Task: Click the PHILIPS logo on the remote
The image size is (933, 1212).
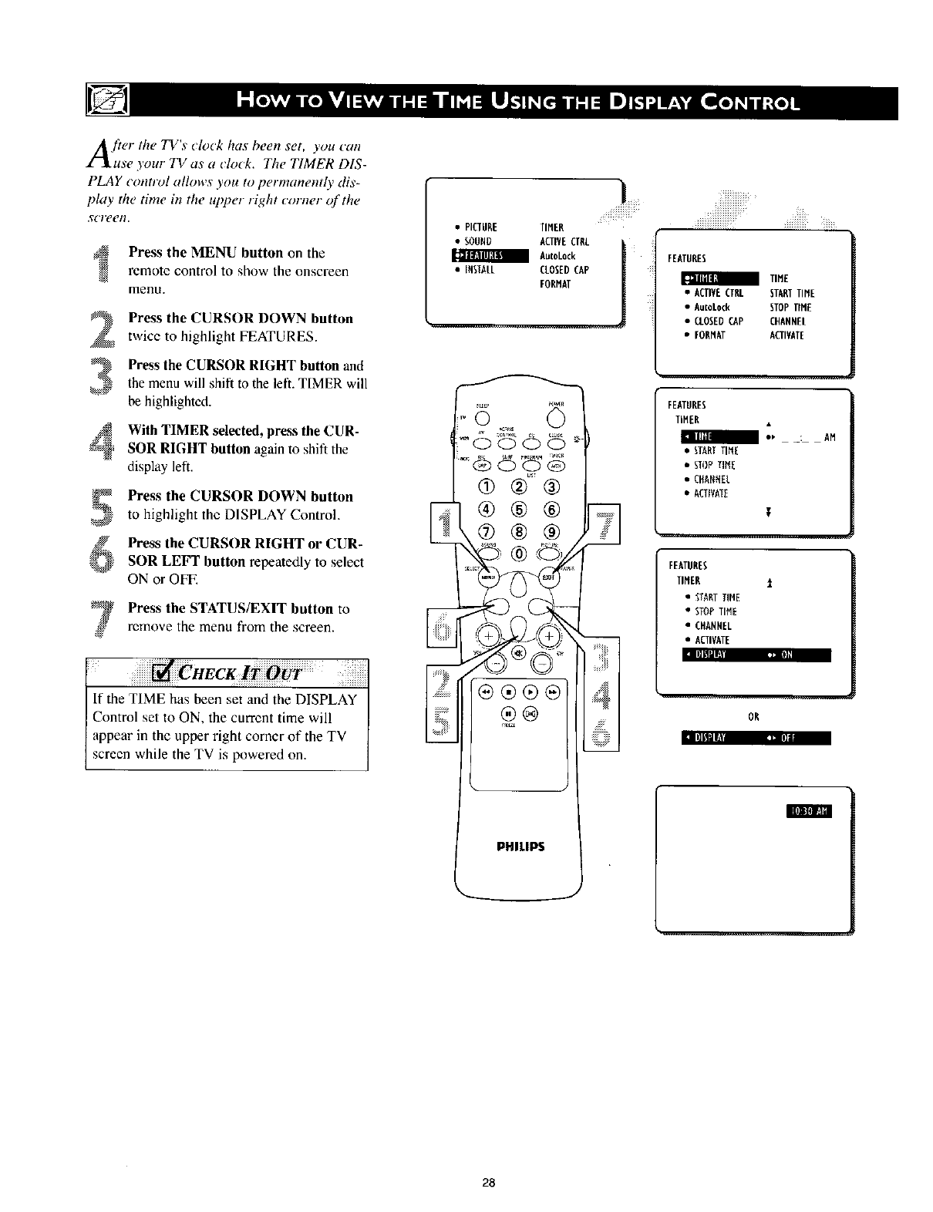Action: point(522,846)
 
